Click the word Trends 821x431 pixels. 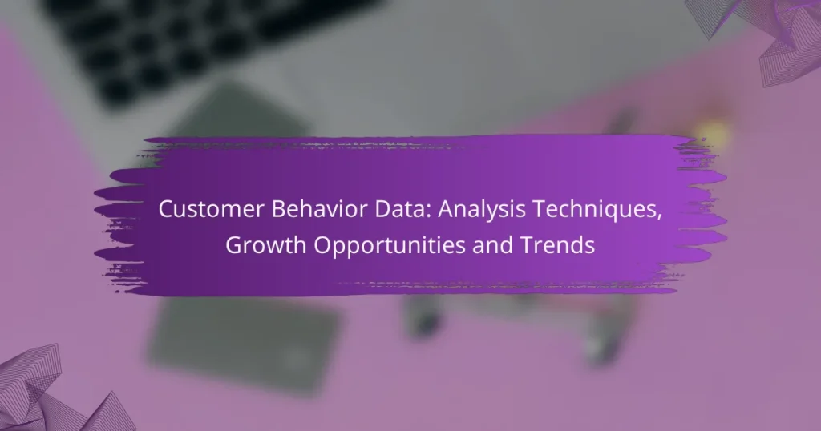pos(564,246)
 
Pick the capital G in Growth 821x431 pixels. pos(233,246)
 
